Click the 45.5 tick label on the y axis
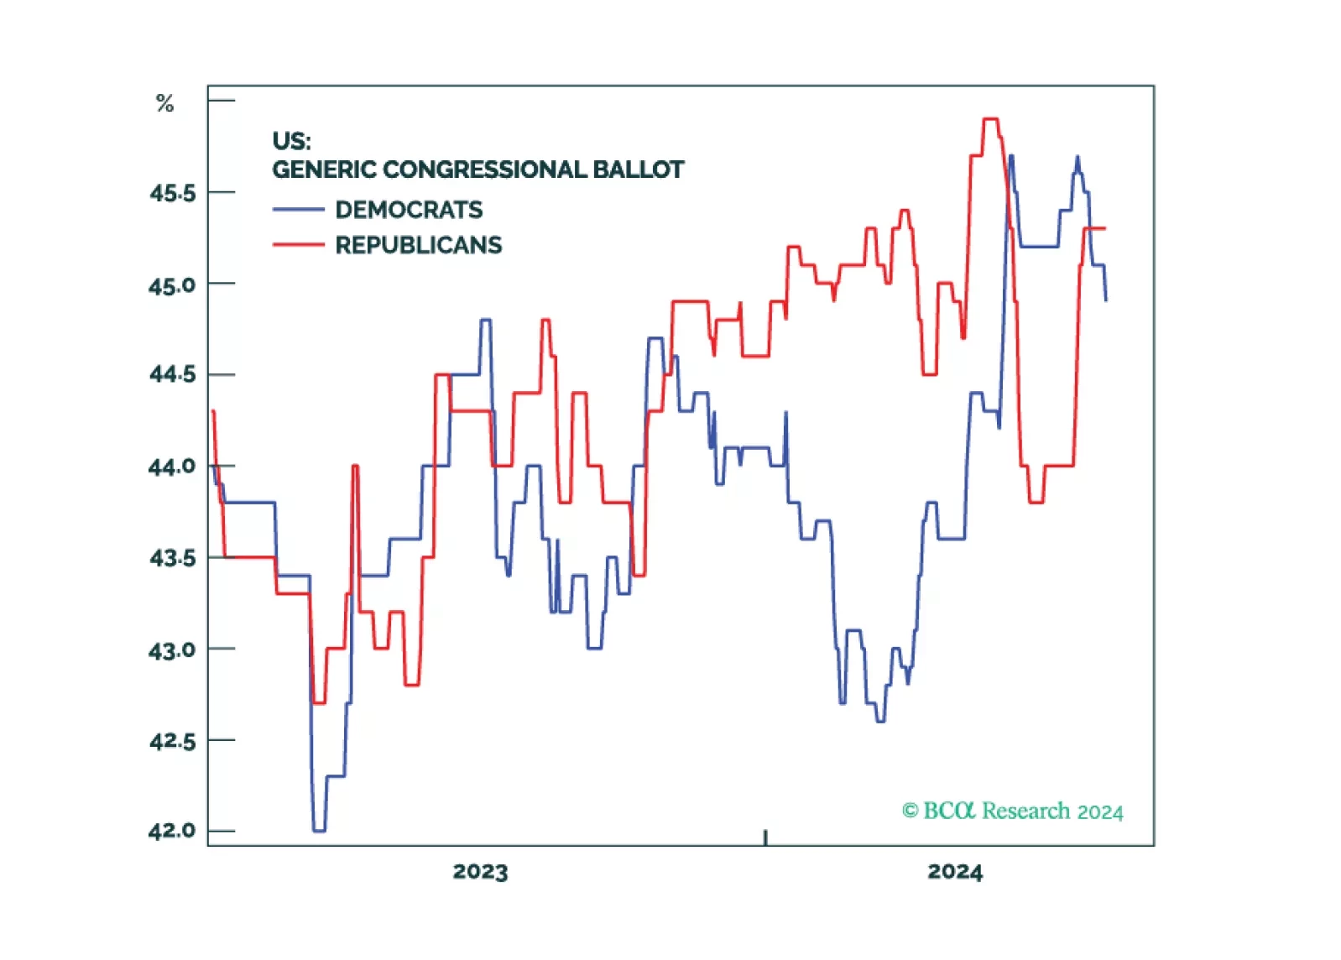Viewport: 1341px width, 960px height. click(x=172, y=193)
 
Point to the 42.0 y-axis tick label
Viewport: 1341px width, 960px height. click(x=172, y=831)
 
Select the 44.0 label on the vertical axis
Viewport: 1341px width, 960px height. click(x=172, y=467)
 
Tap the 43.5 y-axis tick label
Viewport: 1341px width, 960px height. click(x=172, y=558)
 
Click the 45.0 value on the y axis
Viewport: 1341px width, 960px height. click(x=172, y=285)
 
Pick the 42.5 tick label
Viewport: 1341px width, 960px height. click(x=172, y=741)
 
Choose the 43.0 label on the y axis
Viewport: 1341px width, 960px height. click(x=172, y=650)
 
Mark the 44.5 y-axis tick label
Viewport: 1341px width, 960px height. click(x=172, y=373)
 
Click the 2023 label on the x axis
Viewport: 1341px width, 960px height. click(x=480, y=872)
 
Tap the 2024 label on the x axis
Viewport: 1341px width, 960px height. click(x=955, y=872)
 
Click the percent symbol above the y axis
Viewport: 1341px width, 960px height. click(x=164, y=104)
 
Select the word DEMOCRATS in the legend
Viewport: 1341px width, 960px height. click(x=409, y=210)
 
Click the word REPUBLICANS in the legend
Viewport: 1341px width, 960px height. click(x=418, y=245)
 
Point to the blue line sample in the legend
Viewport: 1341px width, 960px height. click(x=298, y=210)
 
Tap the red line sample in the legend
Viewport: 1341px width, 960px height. click(x=298, y=245)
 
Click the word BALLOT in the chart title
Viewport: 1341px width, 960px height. click(x=638, y=170)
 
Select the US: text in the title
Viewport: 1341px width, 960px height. click(x=291, y=140)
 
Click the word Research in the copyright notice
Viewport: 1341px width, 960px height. click(x=1025, y=811)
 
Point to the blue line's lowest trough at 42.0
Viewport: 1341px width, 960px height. click(x=319, y=831)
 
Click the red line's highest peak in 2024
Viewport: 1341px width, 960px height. click(x=990, y=119)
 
